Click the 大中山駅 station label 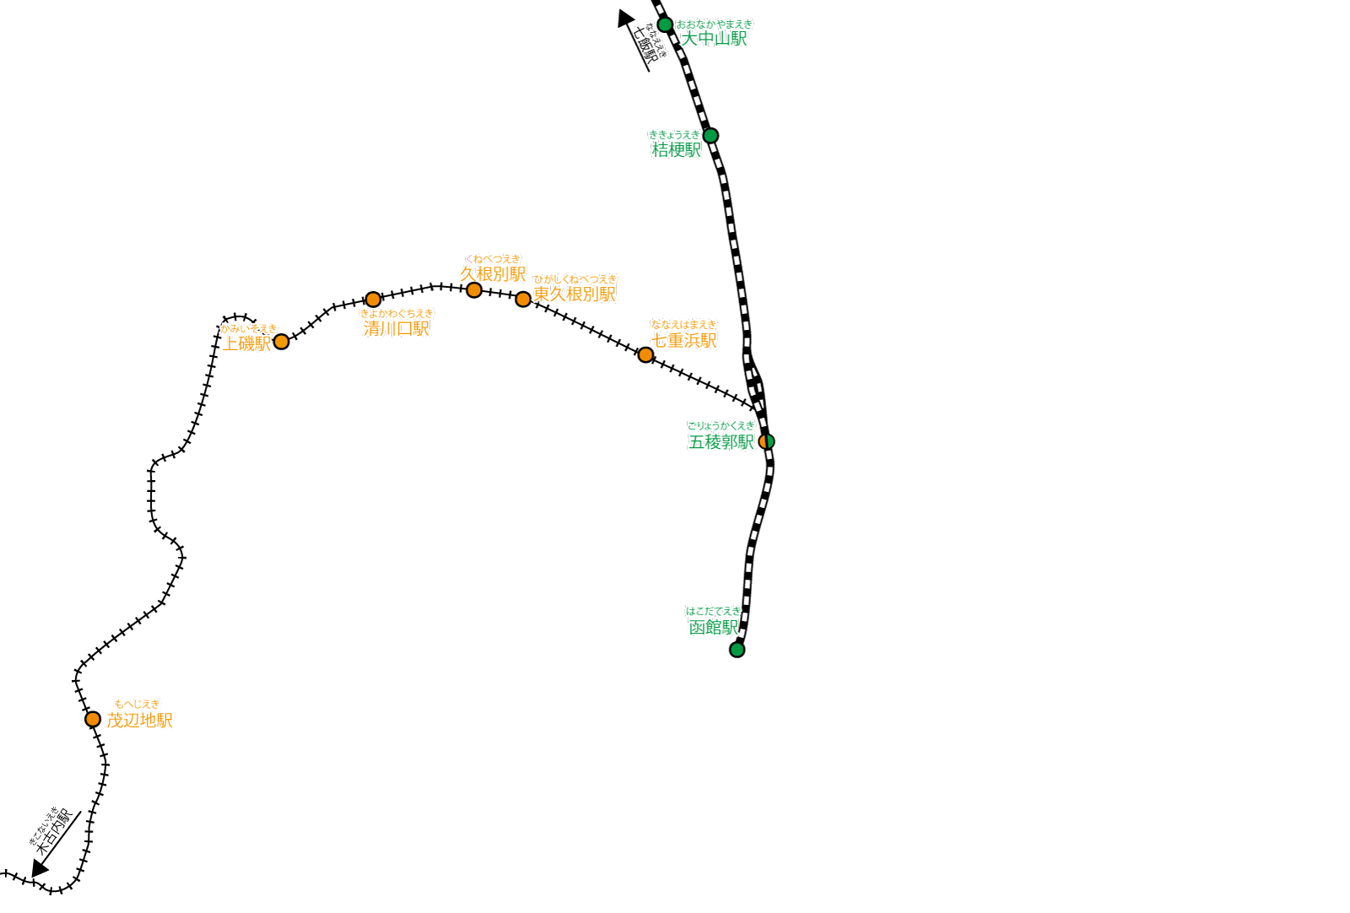[714, 39]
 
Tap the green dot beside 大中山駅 [665, 24]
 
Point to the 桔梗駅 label [676, 149]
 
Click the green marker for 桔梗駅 [710, 136]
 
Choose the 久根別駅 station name [493, 274]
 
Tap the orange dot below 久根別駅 [474, 290]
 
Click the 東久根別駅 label [575, 294]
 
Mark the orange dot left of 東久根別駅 [523, 299]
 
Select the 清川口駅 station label [396, 328]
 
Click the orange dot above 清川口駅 [373, 300]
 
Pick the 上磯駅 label [246, 343]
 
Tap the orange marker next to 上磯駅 [282, 342]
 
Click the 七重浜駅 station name [683, 340]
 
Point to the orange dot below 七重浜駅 [645, 355]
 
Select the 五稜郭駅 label [721, 442]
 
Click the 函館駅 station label [713, 628]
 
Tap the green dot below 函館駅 [737, 650]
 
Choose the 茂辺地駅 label [139, 720]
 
